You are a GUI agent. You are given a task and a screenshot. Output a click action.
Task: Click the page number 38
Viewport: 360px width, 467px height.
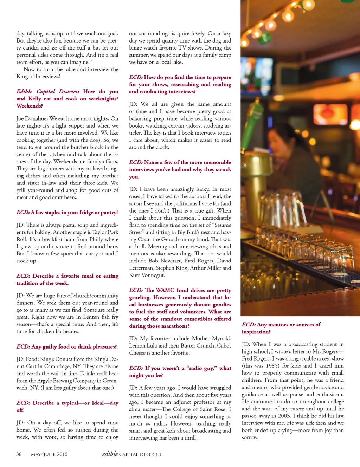pos(19,454)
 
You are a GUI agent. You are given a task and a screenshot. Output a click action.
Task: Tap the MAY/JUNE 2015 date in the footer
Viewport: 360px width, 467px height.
pos(49,454)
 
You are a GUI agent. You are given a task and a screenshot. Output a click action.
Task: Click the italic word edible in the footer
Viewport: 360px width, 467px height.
pos(110,454)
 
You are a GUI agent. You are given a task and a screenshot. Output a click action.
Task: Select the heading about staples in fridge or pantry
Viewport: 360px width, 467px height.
pos(67,212)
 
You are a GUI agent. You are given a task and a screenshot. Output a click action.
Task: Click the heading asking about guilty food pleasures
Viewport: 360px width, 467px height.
pos(66,346)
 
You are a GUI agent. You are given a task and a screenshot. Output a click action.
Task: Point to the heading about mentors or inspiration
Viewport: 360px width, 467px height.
pos(281,328)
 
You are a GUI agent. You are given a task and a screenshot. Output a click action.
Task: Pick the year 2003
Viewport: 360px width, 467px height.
pos(284,416)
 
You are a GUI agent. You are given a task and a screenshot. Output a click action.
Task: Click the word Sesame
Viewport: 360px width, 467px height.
pos(222,225)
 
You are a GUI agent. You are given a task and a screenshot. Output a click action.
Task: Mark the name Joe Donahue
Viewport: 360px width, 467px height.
pos(32,118)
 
